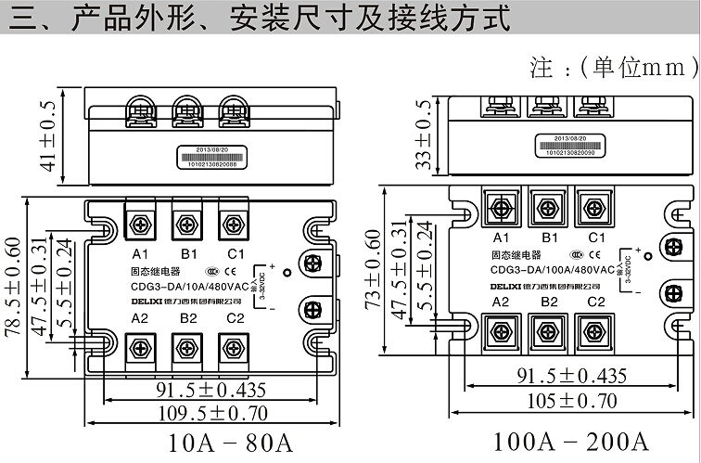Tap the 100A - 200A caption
coord(557,439)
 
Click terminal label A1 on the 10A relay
coord(141,253)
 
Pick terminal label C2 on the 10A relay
coord(235,318)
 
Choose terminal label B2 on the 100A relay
coord(549,302)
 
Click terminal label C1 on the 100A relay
coord(596,238)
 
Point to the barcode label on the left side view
coord(216,154)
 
